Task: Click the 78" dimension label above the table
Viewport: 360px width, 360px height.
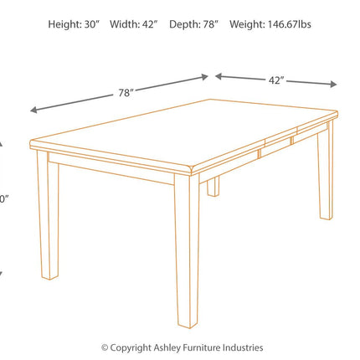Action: (126, 93)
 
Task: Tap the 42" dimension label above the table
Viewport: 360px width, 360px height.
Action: (276, 80)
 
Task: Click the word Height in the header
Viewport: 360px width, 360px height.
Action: (64, 24)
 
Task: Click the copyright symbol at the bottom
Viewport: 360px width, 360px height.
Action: (105, 347)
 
